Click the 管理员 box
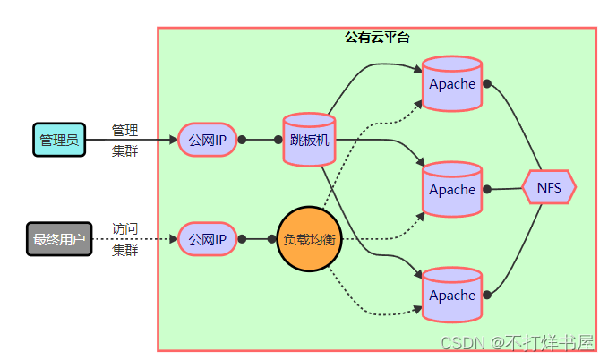click(x=59, y=140)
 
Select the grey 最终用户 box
click(x=59, y=239)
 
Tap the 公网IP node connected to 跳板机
click(x=207, y=140)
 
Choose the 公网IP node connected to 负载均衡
click(x=207, y=239)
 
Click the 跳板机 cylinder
click(x=309, y=140)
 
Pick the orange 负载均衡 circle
click(x=309, y=239)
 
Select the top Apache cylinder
click(x=452, y=84)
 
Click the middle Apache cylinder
click(x=452, y=190)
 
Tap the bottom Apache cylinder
click(x=452, y=295)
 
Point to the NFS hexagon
click(x=549, y=188)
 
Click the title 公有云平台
click(x=377, y=38)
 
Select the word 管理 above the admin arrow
click(x=124, y=130)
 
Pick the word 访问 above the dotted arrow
click(x=124, y=229)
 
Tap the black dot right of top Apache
click(x=488, y=83)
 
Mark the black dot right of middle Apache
click(x=488, y=189)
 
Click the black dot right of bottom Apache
click(x=488, y=294)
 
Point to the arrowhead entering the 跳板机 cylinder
click(x=278, y=140)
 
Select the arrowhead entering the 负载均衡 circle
click(x=272, y=239)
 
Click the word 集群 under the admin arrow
click(x=124, y=150)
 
